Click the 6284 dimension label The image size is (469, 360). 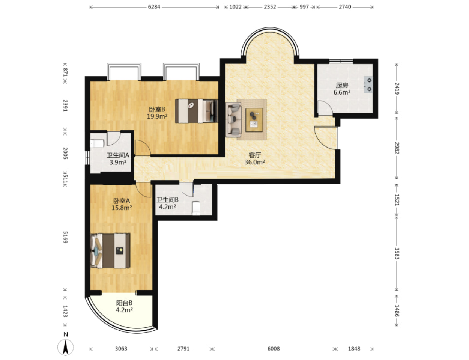154,7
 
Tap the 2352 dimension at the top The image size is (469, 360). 270,7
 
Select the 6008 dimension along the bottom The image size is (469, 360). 274,349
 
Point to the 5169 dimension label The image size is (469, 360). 65,237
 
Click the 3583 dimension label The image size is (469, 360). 397,253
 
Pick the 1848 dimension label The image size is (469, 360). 354,349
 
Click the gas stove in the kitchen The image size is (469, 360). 368,84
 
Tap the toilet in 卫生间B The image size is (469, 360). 196,208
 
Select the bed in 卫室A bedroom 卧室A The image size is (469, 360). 110,250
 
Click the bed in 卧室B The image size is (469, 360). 197,111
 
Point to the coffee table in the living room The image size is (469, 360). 254,120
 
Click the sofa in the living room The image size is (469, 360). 233,120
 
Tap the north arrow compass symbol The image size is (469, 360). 65,347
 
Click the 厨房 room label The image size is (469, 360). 342,86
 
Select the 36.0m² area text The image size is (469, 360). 255,162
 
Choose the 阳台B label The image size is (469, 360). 124,303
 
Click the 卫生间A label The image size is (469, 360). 118,155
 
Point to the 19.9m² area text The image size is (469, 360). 157,117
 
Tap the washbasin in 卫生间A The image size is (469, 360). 97,144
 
